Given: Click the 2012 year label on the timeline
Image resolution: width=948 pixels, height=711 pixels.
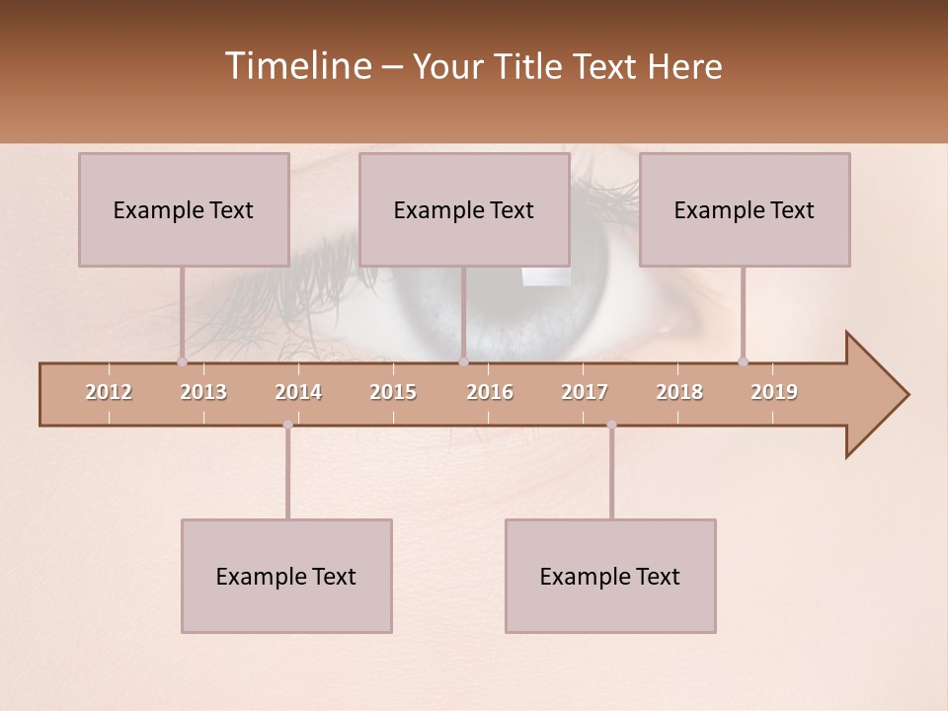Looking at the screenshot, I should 109,392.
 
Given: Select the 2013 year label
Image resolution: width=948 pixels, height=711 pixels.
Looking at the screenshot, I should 203,392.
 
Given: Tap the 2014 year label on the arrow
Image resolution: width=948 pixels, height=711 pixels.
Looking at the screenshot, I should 298,392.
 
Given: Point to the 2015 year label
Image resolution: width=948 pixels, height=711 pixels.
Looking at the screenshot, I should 393,392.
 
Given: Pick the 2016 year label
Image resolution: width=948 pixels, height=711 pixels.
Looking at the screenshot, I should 490,392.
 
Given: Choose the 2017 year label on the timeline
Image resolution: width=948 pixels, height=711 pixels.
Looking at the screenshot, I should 585,392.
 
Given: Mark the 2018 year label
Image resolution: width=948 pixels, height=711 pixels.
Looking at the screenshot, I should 679,392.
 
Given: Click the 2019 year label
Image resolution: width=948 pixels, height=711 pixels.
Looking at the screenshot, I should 774,392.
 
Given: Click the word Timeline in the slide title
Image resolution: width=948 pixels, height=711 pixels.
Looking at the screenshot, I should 297,66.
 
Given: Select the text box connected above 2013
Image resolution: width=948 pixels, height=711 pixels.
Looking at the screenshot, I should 184,209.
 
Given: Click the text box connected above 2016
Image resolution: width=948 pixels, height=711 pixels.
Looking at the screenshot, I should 464,209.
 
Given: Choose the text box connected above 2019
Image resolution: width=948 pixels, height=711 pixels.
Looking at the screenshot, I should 745,209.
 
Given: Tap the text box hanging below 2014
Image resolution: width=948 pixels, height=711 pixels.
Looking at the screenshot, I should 286,576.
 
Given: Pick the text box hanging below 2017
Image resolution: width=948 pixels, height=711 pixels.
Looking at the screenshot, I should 610,576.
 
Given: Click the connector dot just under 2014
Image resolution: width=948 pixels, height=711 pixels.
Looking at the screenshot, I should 287,425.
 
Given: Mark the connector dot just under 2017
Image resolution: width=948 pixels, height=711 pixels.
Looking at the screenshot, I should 611,425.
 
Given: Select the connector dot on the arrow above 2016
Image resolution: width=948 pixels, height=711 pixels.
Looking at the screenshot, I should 464,361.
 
